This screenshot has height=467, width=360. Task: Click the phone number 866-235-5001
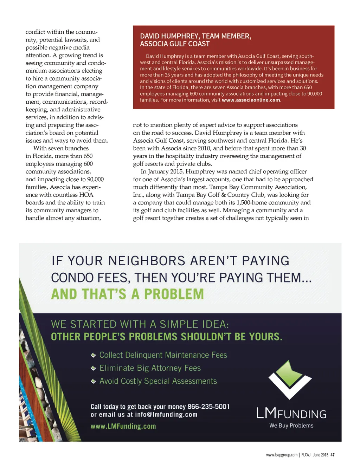point(208,407)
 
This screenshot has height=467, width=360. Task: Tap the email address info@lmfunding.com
point(166,415)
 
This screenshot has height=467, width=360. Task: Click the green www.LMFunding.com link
point(123,426)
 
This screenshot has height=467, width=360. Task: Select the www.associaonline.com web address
point(251,100)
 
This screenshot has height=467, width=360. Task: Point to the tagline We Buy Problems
point(291,426)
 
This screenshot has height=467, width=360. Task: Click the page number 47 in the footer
point(333,455)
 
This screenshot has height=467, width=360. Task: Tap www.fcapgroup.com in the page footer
point(282,455)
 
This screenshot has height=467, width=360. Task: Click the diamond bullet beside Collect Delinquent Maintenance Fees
point(93,355)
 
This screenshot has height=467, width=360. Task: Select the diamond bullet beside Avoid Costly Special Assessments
point(93,381)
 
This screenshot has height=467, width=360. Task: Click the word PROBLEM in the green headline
point(174,294)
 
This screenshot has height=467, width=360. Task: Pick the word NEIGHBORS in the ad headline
point(147,261)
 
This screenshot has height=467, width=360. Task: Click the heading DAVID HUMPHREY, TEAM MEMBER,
point(195,36)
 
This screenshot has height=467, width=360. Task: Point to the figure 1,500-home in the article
point(253,202)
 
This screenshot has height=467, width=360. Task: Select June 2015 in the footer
point(320,455)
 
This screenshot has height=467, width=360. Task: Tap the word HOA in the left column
point(86,195)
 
